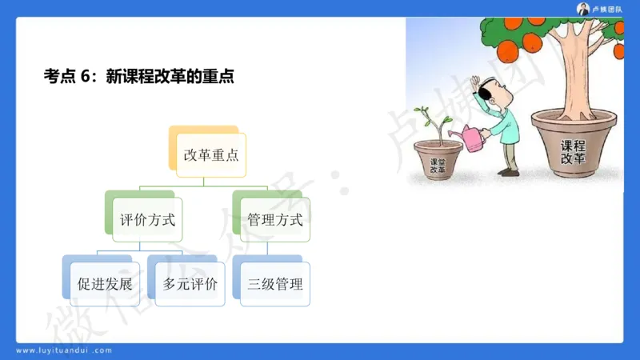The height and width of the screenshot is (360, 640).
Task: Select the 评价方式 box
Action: coord(146,219)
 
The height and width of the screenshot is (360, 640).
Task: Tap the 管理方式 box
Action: coord(274,219)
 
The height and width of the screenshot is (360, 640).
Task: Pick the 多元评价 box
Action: coord(190,284)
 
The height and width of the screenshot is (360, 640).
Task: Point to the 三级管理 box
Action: coord(275,284)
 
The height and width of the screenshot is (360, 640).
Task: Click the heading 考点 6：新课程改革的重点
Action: coord(138,77)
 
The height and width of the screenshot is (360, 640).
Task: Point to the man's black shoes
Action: coord(508,170)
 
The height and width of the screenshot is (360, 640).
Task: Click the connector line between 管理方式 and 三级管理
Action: coord(274,249)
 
